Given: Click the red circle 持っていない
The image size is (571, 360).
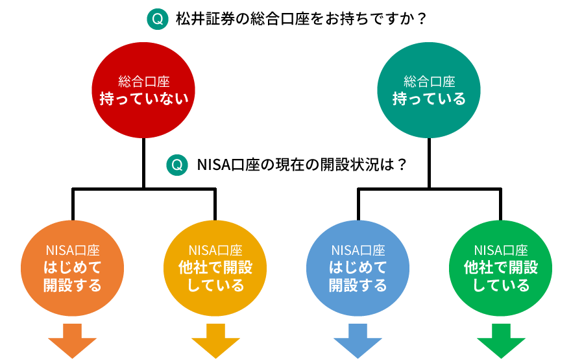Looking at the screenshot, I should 143,91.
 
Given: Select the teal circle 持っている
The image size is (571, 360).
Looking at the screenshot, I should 429,91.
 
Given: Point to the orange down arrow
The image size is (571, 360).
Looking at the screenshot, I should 73,341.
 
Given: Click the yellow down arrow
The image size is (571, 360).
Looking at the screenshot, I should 215,341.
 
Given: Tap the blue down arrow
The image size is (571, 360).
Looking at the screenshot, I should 358,341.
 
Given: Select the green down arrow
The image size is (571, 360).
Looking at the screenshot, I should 500,341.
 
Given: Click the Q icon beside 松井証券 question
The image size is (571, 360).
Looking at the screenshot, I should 157,19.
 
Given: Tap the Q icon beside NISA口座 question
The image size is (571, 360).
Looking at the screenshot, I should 176,165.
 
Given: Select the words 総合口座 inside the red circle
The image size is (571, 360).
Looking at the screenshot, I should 143,82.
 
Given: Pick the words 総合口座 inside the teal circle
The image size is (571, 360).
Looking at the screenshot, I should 429,82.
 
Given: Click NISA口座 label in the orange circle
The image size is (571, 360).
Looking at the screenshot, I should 73,250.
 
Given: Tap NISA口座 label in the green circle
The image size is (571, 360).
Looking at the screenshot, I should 500,250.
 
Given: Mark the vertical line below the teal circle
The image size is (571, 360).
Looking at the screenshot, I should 429,162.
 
